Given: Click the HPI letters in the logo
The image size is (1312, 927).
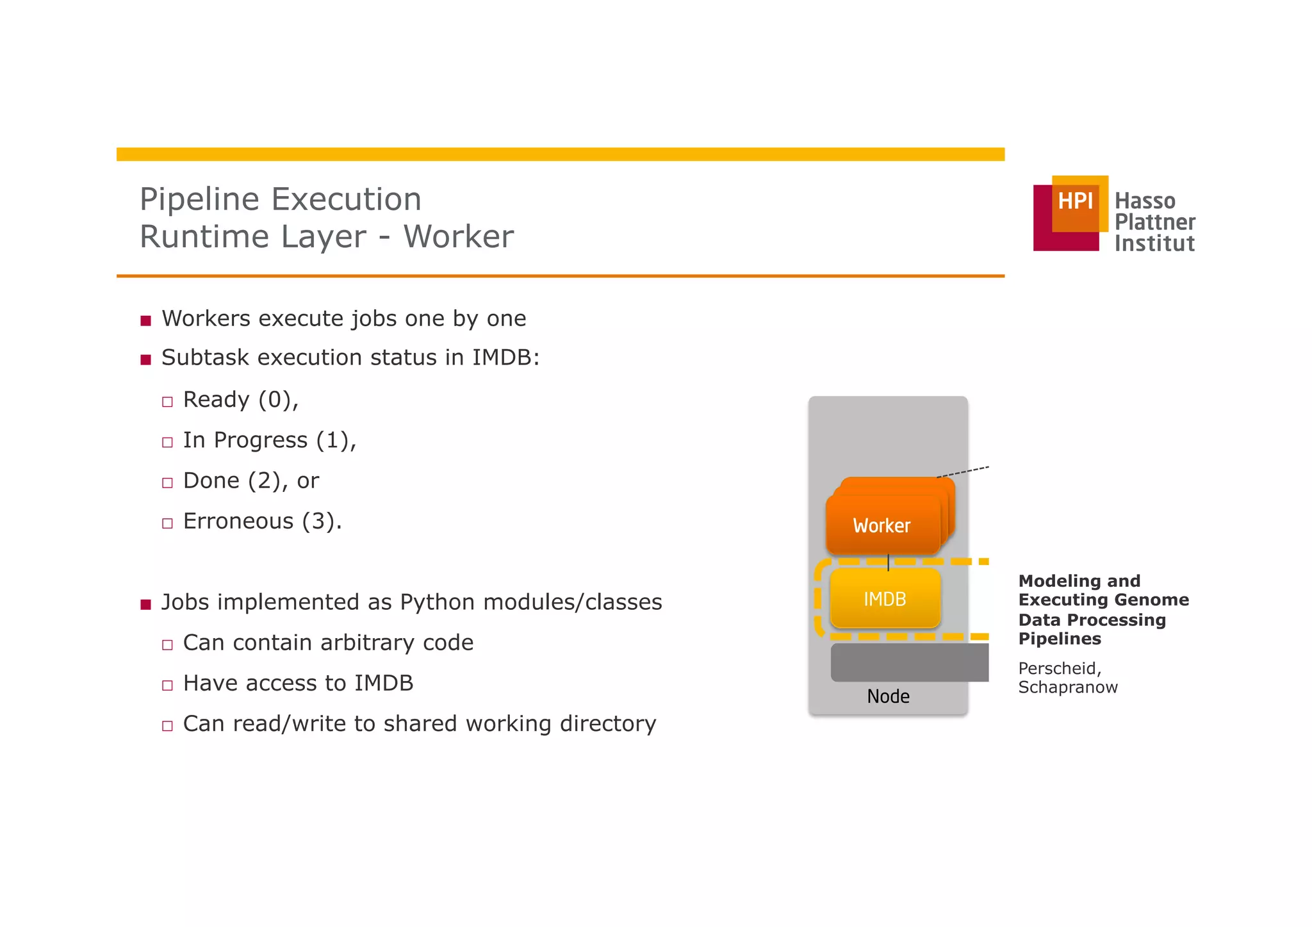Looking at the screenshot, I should [x=1075, y=201].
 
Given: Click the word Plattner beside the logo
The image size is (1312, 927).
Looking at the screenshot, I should [x=1154, y=222].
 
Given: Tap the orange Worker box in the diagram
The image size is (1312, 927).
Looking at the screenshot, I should [x=882, y=525].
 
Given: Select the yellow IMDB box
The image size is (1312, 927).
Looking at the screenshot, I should [x=885, y=599].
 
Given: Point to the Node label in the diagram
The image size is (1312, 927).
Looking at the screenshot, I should [x=888, y=696].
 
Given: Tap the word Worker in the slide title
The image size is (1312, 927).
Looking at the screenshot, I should [x=458, y=236].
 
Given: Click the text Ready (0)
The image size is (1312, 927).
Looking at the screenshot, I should [x=240, y=400].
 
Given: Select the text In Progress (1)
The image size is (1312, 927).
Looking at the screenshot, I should [x=268, y=440].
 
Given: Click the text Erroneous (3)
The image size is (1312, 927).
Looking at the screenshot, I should [x=261, y=521].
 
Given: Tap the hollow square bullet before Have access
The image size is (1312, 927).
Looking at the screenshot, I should [x=168, y=685].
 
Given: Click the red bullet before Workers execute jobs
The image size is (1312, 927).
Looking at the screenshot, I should [x=146, y=320].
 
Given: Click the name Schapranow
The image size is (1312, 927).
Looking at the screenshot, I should [x=1067, y=687].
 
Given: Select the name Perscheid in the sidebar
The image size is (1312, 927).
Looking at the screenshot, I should [x=1058, y=668].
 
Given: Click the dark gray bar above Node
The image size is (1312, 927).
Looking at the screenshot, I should [x=910, y=662].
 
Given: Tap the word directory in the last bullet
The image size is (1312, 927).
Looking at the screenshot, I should [x=607, y=724].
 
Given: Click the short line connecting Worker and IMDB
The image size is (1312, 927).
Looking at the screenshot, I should [x=888, y=562].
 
